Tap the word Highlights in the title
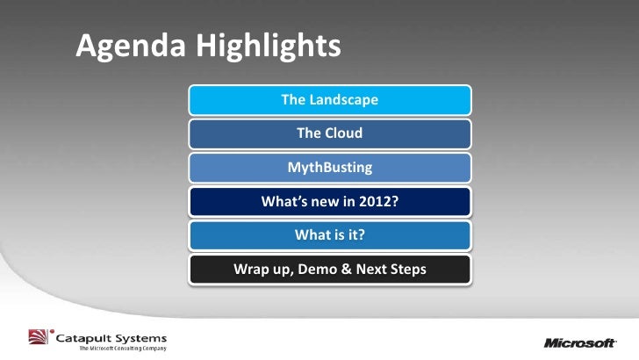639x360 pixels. pyautogui.click(x=269, y=46)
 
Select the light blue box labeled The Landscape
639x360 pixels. pyautogui.click(x=330, y=100)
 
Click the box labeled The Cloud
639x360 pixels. pyautogui.click(x=330, y=133)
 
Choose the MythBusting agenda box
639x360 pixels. pyautogui.click(x=330, y=168)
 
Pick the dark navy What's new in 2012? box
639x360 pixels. pyautogui.click(x=330, y=201)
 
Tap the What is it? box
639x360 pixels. pyautogui.click(x=330, y=235)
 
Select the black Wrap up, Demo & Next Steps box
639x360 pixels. pyautogui.click(x=330, y=269)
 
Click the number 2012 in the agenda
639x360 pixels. pyautogui.click(x=378, y=201)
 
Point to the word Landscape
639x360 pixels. pyautogui.click(x=343, y=100)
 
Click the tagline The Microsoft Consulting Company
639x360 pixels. pyautogui.click(x=123, y=349)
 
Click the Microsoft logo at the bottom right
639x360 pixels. pyautogui.click(x=580, y=342)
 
